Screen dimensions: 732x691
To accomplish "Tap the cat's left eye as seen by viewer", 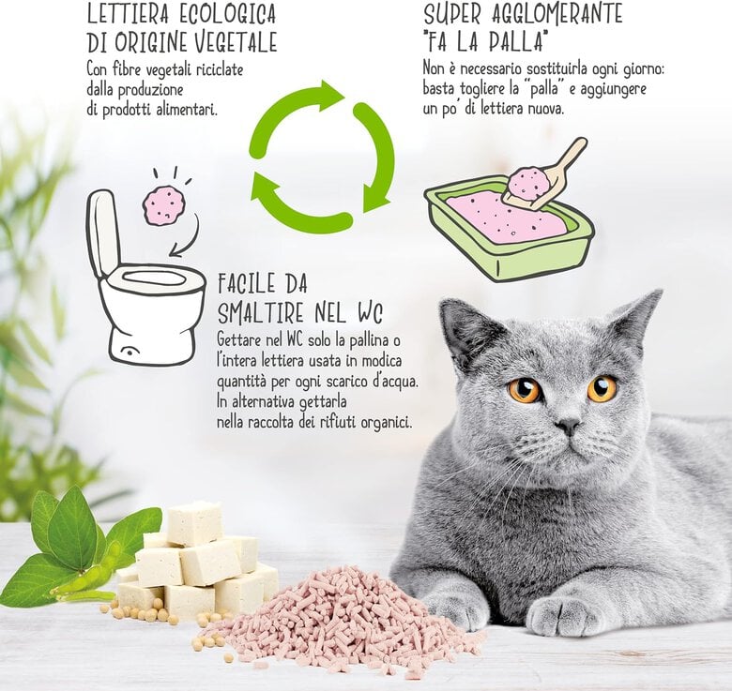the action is tap(526, 390).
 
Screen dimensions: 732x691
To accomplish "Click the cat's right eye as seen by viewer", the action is tap(602, 388).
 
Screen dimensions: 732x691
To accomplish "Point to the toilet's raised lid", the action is tap(102, 233).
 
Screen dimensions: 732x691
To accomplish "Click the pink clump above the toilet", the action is tap(164, 205).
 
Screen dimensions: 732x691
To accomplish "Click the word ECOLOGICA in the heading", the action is tap(228, 14).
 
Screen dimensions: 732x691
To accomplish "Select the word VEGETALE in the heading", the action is tap(236, 42).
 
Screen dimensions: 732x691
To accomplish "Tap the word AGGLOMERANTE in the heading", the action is tap(557, 14).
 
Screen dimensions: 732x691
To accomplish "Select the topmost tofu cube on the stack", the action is tap(194, 523).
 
